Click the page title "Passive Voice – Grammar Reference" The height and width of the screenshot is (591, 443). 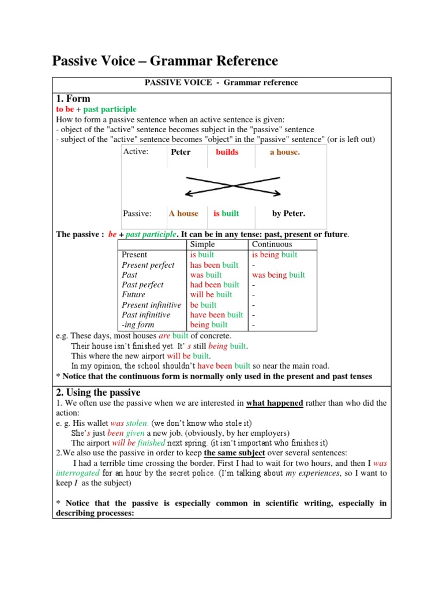point(165,61)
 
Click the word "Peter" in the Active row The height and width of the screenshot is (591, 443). point(181,152)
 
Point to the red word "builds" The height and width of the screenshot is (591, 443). point(227,152)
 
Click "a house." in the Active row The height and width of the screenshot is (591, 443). point(285,152)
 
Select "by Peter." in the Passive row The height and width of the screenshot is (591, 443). point(288,214)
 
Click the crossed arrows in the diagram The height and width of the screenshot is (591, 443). point(232,185)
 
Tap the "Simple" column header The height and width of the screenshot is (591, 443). point(202,245)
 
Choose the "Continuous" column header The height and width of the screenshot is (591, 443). point(272,245)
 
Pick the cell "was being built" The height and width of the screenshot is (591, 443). point(278,275)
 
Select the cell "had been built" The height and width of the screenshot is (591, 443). point(215,285)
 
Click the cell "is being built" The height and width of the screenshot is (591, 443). point(275,255)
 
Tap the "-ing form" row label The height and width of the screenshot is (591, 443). point(138,325)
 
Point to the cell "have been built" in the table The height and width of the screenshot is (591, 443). point(216,315)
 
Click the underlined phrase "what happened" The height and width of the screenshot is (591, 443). point(275,403)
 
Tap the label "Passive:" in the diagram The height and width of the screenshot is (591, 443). point(137,214)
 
